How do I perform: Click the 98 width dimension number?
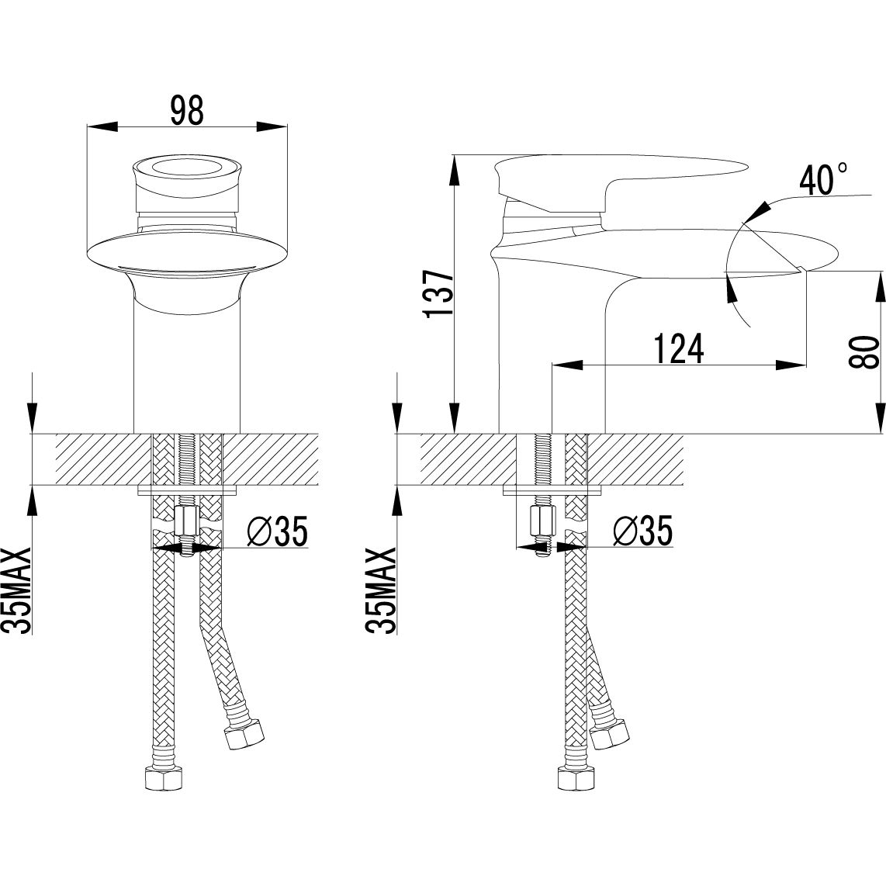(x=187, y=111)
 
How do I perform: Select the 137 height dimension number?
(x=440, y=294)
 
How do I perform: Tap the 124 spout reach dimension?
(x=679, y=348)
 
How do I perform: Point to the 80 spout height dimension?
(x=864, y=351)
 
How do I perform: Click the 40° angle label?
(x=823, y=179)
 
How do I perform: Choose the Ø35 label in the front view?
(x=278, y=531)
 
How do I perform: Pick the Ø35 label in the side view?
(x=643, y=531)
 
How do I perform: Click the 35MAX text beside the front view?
(x=18, y=590)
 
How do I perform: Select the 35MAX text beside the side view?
(x=382, y=590)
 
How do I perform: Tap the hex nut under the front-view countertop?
(x=186, y=524)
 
